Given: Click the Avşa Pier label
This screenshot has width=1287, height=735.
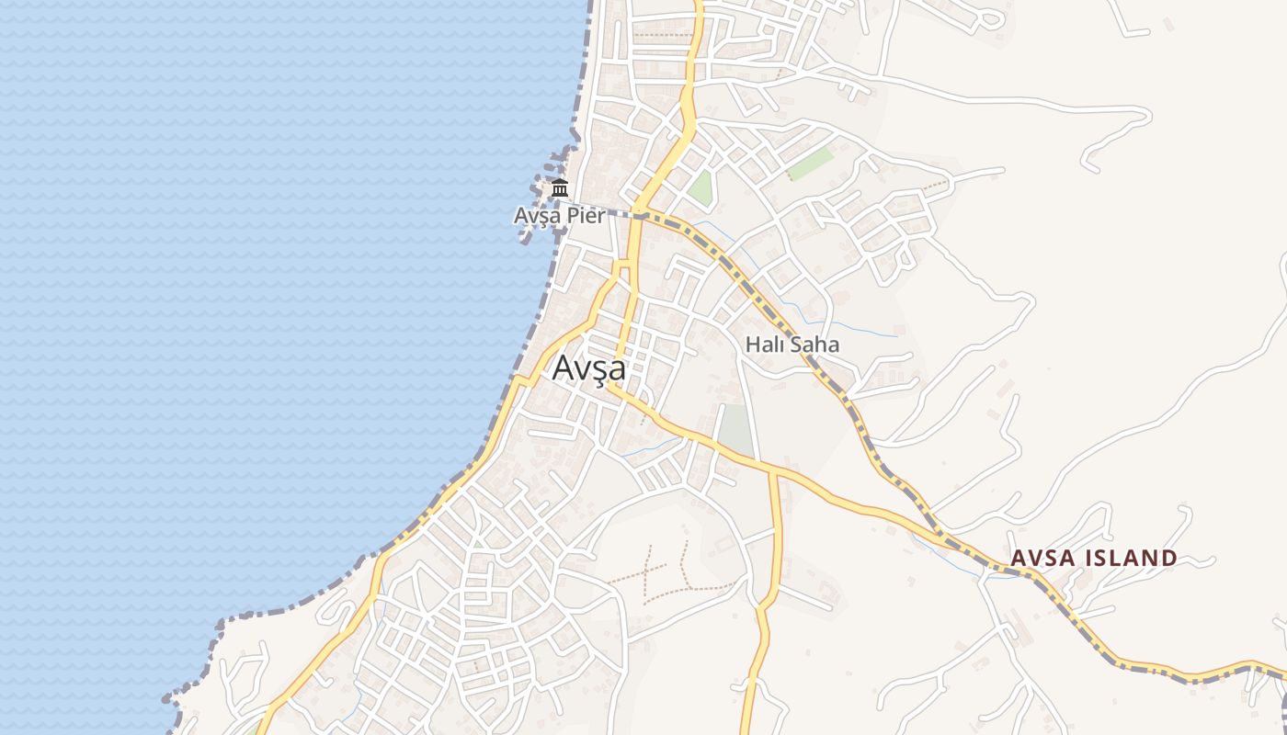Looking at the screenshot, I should pos(559,216).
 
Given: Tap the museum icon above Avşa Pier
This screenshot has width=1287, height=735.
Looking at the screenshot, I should pos(560,189).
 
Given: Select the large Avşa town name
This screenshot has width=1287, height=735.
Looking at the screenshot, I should pos(589,368).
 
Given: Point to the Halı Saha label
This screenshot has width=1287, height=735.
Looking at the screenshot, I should pos(792,345).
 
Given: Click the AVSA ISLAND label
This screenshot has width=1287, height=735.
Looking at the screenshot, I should pos(1093,558).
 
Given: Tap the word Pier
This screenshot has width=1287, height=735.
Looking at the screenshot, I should pos(586,216).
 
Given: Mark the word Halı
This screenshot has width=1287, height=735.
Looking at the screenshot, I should pos(764,345).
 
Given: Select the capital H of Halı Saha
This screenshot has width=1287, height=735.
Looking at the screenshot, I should pos(752,345).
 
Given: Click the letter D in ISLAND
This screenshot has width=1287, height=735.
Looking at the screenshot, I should pos(1167,558).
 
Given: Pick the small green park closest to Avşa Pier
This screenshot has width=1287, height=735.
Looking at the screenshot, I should pos(701,187).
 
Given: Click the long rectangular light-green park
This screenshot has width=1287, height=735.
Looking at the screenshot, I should pos(810,164).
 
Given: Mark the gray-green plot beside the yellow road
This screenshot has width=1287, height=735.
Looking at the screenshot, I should pos(735,430).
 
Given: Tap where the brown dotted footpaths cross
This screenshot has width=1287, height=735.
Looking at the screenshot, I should pos(646,570).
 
